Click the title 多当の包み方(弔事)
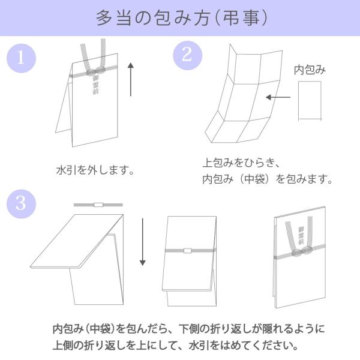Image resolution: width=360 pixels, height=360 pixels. pos(180,18)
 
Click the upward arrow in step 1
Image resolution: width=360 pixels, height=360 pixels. pos(131,77)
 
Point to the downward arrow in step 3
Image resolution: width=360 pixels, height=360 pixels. pos(143,242)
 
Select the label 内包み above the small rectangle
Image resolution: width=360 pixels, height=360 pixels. pos(310,70)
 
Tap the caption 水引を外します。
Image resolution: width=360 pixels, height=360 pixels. pos(94,170)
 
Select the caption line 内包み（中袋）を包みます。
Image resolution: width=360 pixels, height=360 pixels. pos(267,179)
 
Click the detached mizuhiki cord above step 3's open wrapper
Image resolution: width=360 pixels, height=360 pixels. pos(98,205)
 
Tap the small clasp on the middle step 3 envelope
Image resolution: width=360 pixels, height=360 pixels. pos(187,250)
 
